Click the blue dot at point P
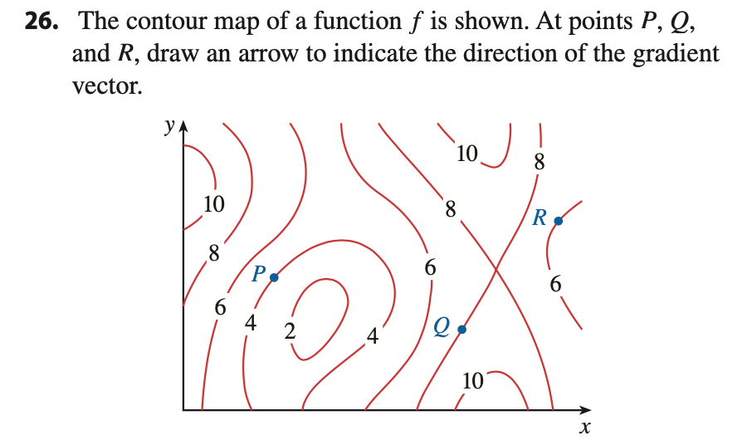[x=275, y=277]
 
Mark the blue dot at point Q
[x=462, y=330]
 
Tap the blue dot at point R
[x=558, y=222]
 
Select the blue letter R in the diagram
[x=540, y=218]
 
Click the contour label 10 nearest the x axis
[x=472, y=381]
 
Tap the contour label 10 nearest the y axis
[x=214, y=203]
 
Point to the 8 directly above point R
[x=540, y=163]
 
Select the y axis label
[x=169, y=126]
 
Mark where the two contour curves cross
[x=496, y=268]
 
